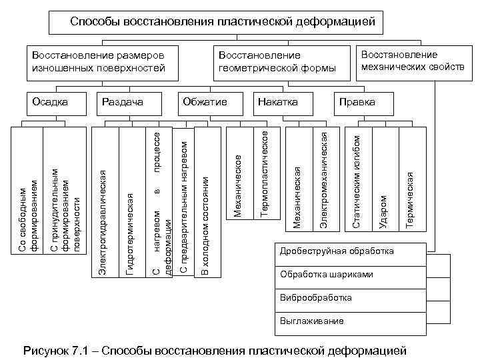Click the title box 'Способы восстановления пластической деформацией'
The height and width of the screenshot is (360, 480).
(222, 23)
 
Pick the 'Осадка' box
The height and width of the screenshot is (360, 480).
(50, 102)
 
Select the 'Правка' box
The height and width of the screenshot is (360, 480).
(357, 102)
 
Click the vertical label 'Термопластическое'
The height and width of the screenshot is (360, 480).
(265, 173)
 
